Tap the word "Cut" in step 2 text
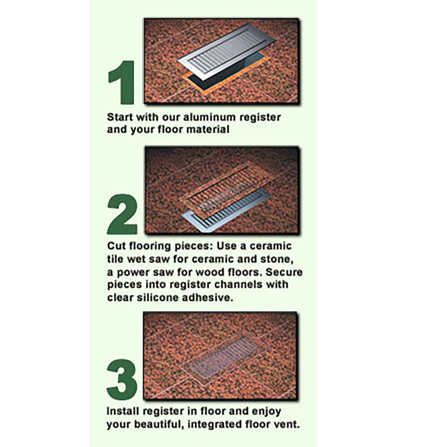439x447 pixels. [x=116, y=246]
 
